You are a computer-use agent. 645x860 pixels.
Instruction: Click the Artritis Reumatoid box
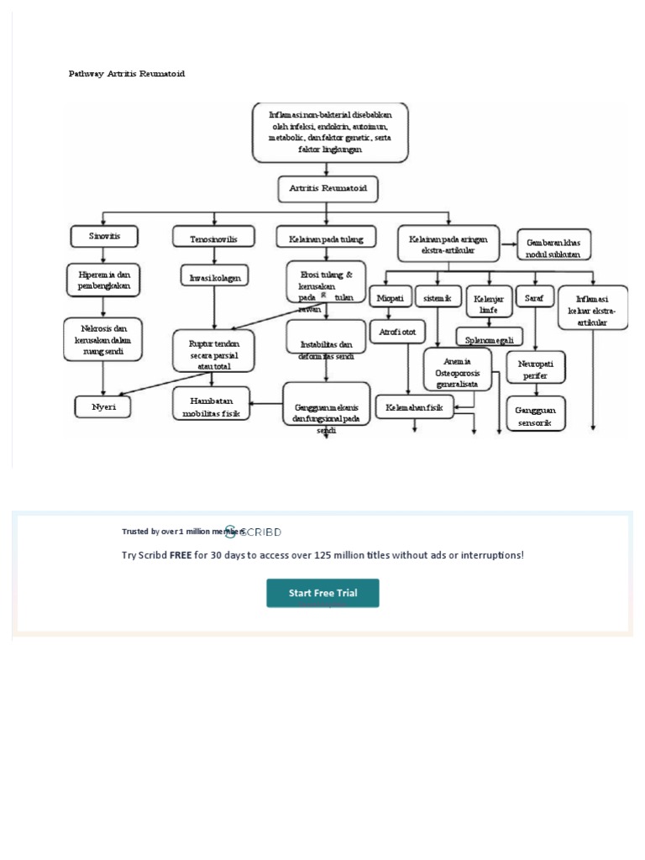[x=328, y=189]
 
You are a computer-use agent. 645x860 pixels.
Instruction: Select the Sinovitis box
[x=105, y=237]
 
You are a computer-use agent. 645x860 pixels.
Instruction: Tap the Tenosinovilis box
[x=213, y=239]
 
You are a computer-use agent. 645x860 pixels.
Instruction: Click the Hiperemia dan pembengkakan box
[x=104, y=280]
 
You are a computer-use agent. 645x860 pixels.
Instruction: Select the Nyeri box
[x=103, y=407]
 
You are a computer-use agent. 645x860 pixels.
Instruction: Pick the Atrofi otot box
[x=397, y=332]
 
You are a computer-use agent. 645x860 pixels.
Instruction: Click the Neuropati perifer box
[x=536, y=370]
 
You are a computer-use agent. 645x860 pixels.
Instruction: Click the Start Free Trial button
[x=322, y=593]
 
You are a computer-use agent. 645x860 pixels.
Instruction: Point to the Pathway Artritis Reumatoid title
[x=127, y=74]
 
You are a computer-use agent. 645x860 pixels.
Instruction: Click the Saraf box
[x=534, y=298]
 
